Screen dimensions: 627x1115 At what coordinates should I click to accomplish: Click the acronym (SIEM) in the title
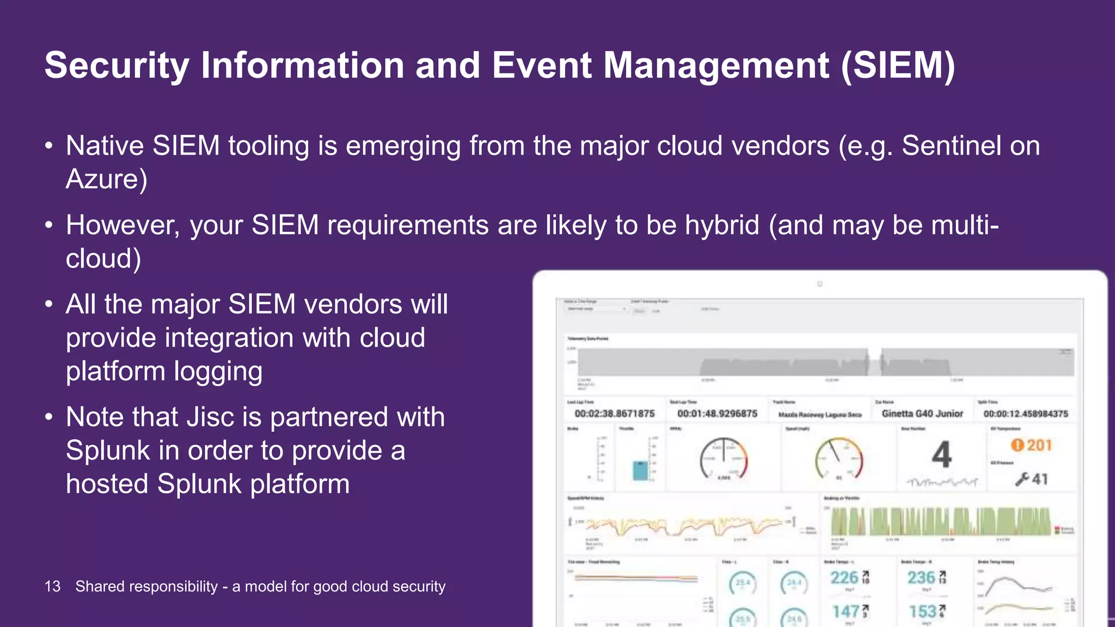point(898,66)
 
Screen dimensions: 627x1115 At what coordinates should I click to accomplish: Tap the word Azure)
point(107,179)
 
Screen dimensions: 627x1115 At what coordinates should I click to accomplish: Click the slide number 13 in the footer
point(52,586)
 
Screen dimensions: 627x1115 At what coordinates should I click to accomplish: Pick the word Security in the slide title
point(117,66)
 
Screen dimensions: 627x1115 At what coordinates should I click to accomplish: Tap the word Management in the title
point(716,66)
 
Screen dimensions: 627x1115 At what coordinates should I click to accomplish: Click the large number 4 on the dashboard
point(941,454)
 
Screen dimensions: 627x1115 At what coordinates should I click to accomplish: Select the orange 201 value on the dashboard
point(1039,445)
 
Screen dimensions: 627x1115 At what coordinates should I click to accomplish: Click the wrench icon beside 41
point(1022,479)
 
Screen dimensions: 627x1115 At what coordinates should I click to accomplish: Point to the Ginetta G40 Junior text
point(922,414)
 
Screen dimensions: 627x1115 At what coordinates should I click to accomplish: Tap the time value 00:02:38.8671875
point(615,414)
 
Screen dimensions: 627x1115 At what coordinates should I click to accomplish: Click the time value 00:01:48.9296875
point(717,414)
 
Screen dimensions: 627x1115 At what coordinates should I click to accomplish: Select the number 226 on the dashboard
point(844,577)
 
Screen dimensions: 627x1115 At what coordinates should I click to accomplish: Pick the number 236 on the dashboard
point(921,577)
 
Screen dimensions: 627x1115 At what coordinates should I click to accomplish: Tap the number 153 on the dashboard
point(922,612)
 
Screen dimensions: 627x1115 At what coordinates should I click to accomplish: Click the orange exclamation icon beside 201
point(1017,445)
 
